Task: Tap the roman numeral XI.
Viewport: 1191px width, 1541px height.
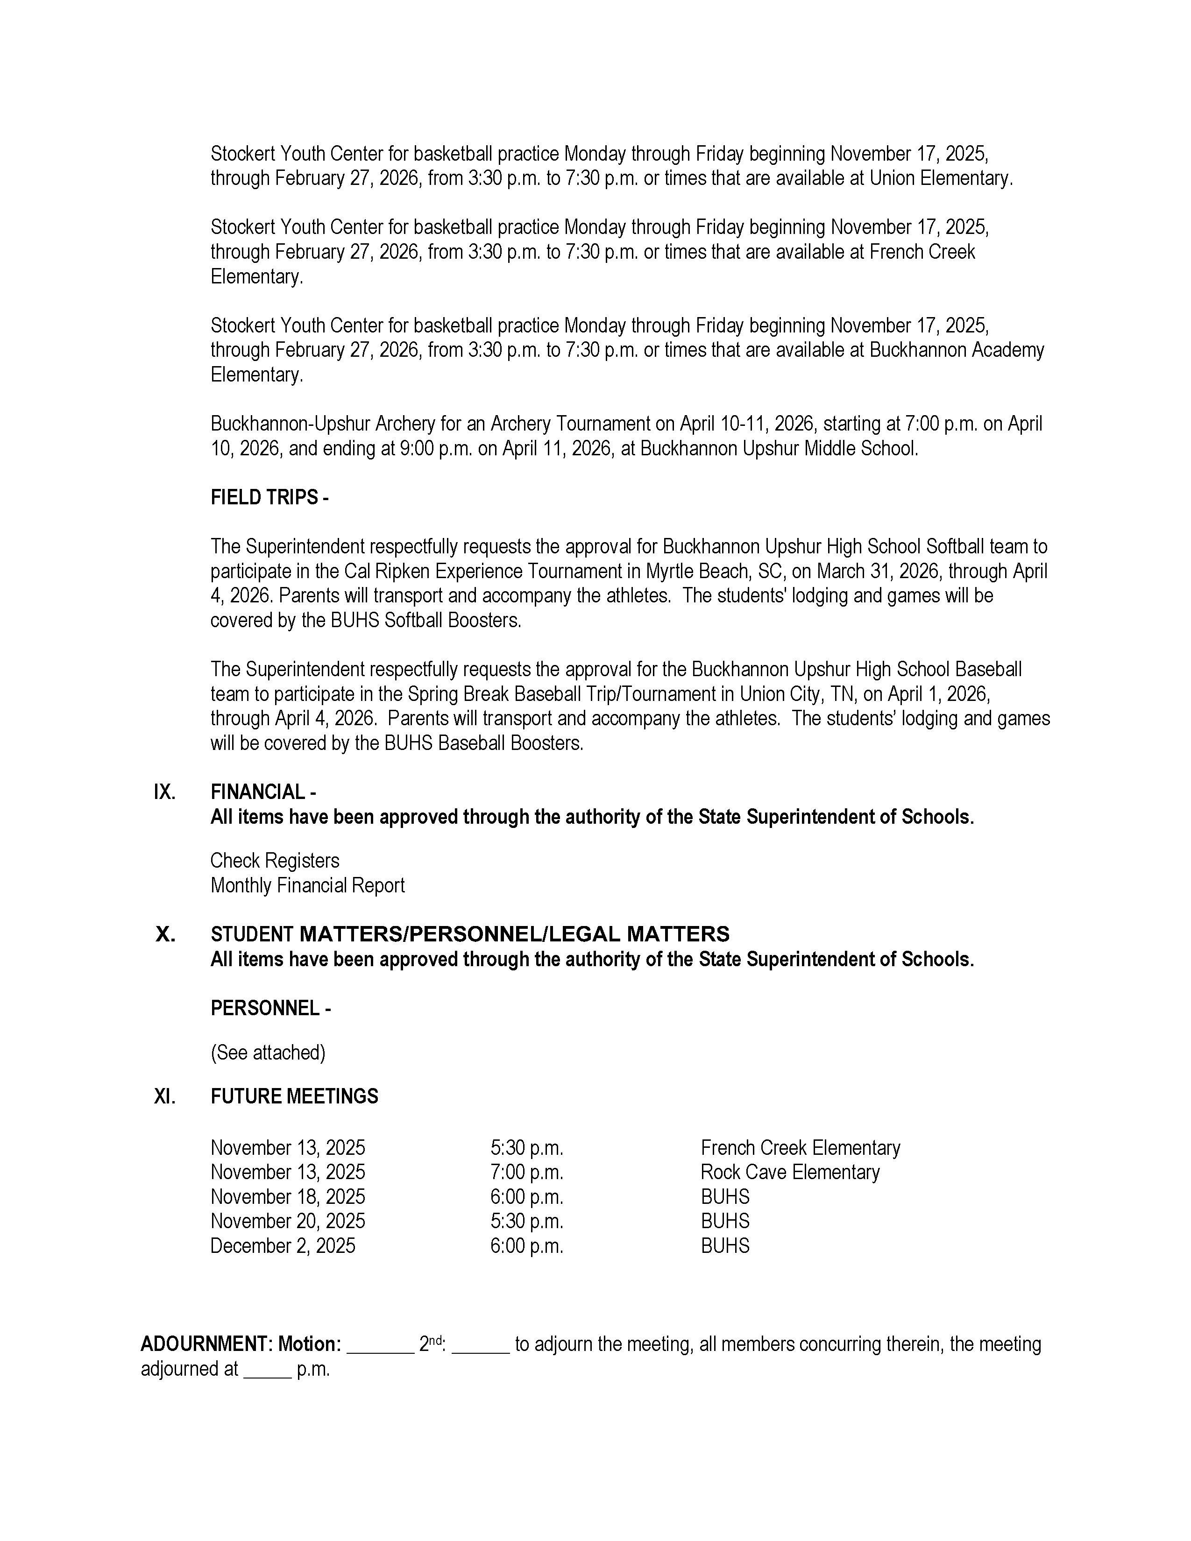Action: pos(165,1096)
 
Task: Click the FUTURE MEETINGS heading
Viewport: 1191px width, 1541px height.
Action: pos(294,1096)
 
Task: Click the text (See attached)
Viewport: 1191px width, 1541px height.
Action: pos(268,1052)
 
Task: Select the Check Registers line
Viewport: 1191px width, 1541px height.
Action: pos(275,861)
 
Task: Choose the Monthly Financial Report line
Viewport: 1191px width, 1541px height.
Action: pos(308,885)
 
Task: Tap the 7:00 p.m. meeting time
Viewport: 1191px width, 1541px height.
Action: pos(526,1172)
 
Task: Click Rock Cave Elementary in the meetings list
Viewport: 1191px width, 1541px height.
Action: pos(789,1172)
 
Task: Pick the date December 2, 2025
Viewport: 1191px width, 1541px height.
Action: pos(283,1245)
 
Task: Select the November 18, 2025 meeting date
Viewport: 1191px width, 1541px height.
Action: pos(288,1197)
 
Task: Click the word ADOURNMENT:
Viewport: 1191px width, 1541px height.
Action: pos(206,1344)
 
